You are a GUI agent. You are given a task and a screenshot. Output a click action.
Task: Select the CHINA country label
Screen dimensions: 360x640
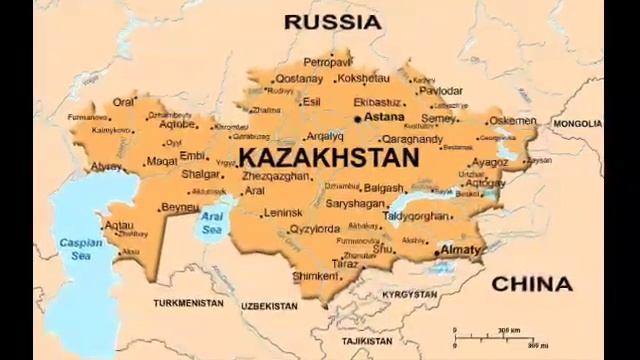click(531, 284)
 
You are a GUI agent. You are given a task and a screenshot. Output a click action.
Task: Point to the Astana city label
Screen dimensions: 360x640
click(383, 117)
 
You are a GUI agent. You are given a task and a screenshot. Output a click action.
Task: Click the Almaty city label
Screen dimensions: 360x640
click(460, 248)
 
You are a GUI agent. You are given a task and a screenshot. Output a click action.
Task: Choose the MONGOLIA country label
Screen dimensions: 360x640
click(577, 124)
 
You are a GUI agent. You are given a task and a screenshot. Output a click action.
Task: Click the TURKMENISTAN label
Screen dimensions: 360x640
click(187, 301)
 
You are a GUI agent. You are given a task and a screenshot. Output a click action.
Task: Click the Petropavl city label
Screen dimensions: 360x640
click(327, 62)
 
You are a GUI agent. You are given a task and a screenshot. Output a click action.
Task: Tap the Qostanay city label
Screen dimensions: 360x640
click(299, 78)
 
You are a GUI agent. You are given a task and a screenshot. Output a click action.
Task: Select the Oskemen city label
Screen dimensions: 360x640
click(512, 121)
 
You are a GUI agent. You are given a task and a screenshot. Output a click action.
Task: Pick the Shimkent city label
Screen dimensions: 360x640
click(315, 276)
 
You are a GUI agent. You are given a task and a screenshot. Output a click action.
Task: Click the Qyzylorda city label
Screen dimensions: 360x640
click(314, 229)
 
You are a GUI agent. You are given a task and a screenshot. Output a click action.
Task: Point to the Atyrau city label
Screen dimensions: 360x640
click(106, 166)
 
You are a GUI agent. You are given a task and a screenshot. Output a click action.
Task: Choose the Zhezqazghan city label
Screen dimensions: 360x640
click(276, 175)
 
